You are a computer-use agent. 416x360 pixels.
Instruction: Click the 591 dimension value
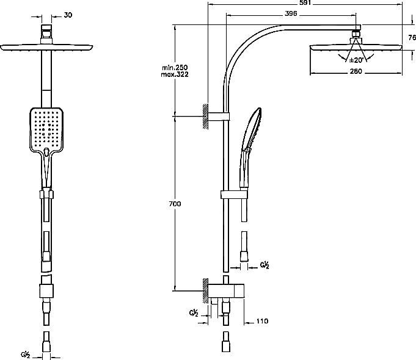point(305,2)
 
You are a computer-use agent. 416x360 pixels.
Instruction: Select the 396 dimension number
point(291,13)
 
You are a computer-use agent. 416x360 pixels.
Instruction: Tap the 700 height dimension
point(175,204)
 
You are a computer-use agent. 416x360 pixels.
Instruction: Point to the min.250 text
point(175,68)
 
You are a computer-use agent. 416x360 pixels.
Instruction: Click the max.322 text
point(175,74)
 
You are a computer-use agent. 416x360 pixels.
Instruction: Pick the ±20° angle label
point(356,60)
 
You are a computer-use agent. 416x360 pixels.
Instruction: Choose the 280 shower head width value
point(356,71)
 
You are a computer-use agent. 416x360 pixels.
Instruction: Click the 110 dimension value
point(263,321)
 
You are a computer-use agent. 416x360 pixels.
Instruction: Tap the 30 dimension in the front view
point(68,15)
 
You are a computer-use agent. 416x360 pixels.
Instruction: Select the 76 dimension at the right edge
point(412,38)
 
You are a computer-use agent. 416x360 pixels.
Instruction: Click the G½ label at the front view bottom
point(25,355)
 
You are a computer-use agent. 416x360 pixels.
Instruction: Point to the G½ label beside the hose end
point(265,265)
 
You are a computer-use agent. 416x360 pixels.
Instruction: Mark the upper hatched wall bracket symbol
point(205,117)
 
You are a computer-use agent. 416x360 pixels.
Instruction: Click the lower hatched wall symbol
point(205,291)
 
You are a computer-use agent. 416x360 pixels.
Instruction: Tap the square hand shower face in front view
point(46,129)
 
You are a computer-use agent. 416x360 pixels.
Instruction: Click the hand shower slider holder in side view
point(234,195)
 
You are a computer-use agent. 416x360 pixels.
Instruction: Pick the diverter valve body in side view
point(226,291)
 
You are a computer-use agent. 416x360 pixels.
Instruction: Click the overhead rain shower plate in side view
point(356,48)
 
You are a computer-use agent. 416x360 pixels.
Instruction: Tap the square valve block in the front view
point(46,291)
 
